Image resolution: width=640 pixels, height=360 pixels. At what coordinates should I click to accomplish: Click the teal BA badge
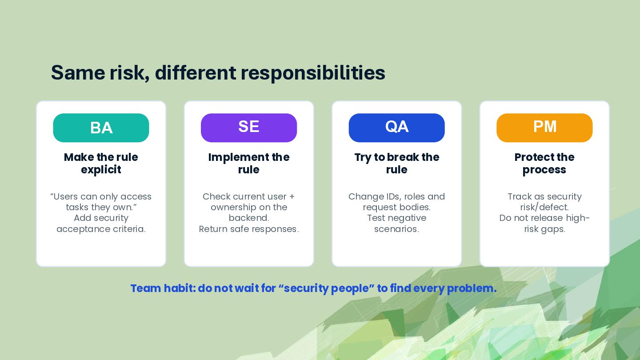101,128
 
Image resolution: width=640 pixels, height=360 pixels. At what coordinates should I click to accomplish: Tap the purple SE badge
249,128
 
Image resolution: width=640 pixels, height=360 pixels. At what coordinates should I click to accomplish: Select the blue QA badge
396,128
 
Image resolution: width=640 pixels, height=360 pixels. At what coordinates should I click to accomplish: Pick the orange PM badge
544,128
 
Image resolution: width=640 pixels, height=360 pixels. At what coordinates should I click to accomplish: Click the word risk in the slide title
129,73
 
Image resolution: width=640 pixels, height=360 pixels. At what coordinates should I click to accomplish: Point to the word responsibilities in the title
313,73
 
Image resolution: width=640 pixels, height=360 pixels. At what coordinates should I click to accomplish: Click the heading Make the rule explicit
101,164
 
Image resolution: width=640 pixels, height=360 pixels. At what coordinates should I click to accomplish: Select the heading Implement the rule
249,164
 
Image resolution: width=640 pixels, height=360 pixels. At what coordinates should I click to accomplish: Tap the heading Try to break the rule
396,164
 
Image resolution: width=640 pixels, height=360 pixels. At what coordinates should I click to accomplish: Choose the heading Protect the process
544,164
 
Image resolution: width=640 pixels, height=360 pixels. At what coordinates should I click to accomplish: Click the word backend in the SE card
248,218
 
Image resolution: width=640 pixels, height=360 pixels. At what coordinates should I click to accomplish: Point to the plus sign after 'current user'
292,197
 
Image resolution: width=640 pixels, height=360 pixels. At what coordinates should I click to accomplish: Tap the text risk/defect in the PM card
544,207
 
